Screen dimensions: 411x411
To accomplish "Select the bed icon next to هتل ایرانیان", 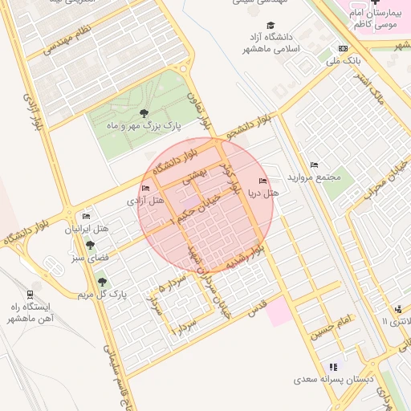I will point(86,216).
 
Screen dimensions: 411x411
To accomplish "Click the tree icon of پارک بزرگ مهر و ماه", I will point(144,113).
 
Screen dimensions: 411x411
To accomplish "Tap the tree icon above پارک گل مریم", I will point(101,281).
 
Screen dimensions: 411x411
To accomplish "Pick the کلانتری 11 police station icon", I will point(398,309).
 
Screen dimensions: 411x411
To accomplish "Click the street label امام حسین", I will point(334,325).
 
